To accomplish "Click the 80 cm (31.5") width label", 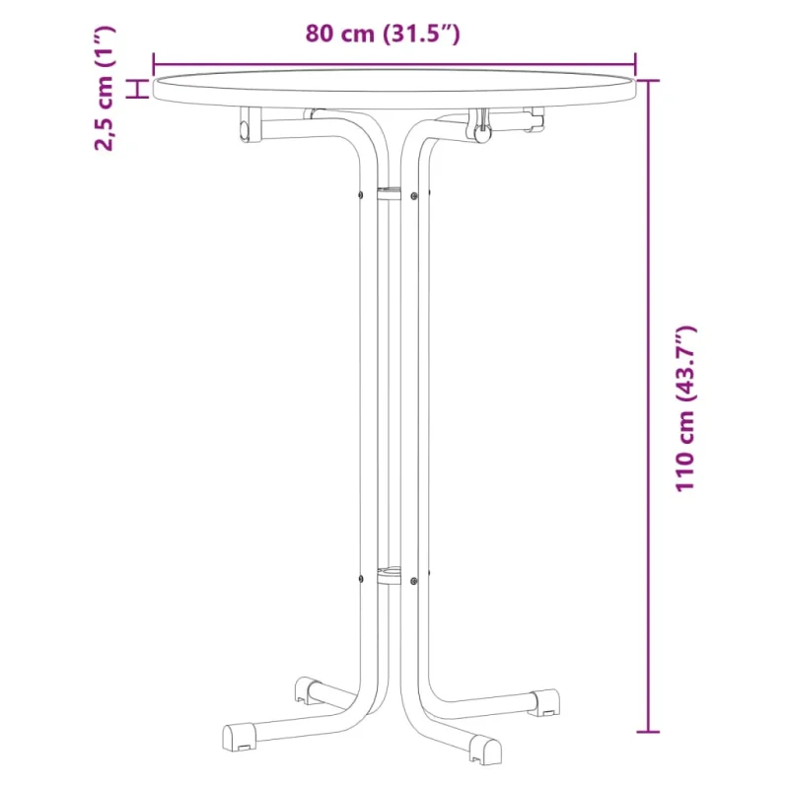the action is click(x=383, y=35).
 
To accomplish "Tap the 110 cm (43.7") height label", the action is click(x=685, y=408).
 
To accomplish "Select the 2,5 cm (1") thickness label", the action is click(x=106, y=88).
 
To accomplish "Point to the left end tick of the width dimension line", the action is click(x=154, y=64).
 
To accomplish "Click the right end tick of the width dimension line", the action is click(x=635, y=64).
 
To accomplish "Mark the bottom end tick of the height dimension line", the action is click(x=648, y=732).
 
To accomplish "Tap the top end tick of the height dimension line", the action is click(x=648, y=81).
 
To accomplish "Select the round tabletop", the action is click(x=394, y=89).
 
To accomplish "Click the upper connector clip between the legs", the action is click(x=389, y=194).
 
